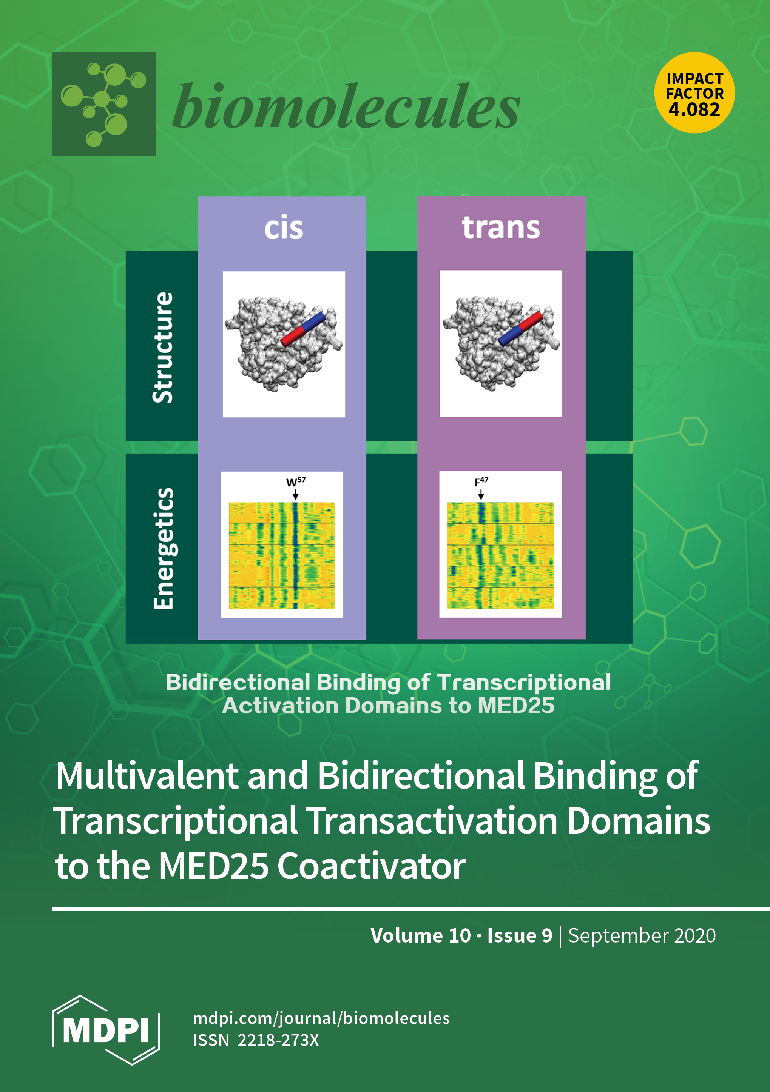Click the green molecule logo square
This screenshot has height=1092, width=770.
tap(104, 104)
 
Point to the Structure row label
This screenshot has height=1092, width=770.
tap(163, 347)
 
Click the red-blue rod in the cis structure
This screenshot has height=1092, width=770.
tap(302, 329)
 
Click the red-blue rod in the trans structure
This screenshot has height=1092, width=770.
tap(520, 329)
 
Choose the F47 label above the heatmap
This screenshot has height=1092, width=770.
tap(481, 482)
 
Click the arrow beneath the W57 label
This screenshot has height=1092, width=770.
tap(296, 495)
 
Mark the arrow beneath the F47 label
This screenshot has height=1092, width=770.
tap(481, 495)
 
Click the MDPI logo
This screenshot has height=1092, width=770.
tap(106, 1030)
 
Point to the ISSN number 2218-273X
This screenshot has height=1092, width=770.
tap(278, 1040)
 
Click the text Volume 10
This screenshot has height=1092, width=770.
tap(420, 935)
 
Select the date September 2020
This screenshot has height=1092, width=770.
tap(642, 935)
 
